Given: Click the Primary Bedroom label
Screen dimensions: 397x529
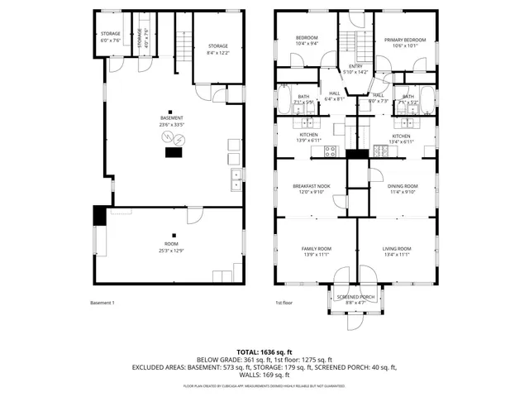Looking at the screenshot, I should [405, 40].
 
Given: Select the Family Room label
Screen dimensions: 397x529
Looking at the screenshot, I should [315, 249].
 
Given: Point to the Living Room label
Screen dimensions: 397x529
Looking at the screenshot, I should [397, 249].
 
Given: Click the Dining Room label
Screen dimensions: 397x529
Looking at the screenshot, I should [403, 186].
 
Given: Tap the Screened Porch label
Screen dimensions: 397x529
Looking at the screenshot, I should [356, 297].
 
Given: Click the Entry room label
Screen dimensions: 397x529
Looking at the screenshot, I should [355, 67].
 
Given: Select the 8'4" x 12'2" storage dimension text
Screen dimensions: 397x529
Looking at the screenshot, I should [218, 52].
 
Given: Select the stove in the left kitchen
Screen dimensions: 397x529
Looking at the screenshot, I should [330, 151].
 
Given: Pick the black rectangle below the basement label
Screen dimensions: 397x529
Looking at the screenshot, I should [174, 151].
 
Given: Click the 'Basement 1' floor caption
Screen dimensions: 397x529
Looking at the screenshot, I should [102, 303].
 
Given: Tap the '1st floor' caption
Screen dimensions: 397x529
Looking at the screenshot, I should [284, 303].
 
